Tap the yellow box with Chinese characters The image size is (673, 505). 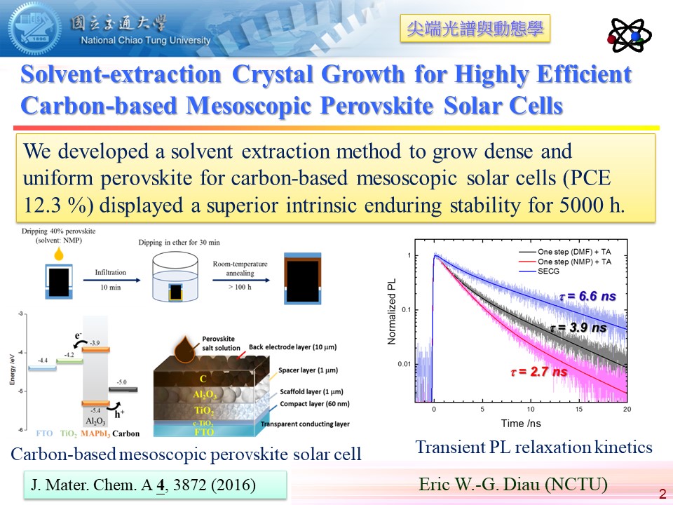coord(475,29)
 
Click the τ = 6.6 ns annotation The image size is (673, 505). coord(587,297)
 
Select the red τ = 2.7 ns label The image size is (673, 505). coord(538,372)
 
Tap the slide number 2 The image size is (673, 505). coord(662,494)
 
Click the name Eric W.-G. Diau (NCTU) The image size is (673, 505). coord(512,484)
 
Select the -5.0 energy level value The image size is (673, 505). coord(123,382)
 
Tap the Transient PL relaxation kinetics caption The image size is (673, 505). coord(533,447)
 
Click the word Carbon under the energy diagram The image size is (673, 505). coord(127,433)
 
